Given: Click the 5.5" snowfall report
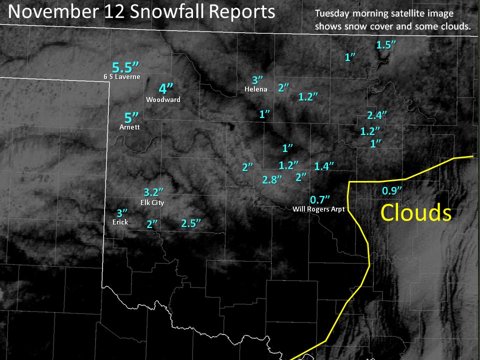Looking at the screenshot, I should click(x=125, y=66).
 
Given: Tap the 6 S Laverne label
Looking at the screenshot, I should click(x=121, y=76).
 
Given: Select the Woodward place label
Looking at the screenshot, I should click(x=163, y=99).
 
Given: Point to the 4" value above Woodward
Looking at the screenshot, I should click(x=165, y=89).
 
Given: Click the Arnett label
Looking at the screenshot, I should click(x=129, y=127).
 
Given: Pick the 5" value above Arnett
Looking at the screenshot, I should click(x=131, y=118).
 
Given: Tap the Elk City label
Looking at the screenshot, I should click(x=153, y=202).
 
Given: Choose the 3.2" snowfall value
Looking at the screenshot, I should click(x=153, y=192).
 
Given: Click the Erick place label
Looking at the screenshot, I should click(x=120, y=221).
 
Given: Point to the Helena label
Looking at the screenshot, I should click(x=256, y=89).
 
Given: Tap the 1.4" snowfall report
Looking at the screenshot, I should click(x=324, y=166).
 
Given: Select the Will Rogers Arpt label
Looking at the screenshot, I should click(x=318, y=208).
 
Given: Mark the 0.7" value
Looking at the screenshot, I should click(x=320, y=199).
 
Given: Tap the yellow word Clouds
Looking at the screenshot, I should click(x=416, y=213).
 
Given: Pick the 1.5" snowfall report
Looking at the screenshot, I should click(x=386, y=44).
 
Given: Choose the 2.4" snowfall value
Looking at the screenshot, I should click(x=377, y=115).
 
